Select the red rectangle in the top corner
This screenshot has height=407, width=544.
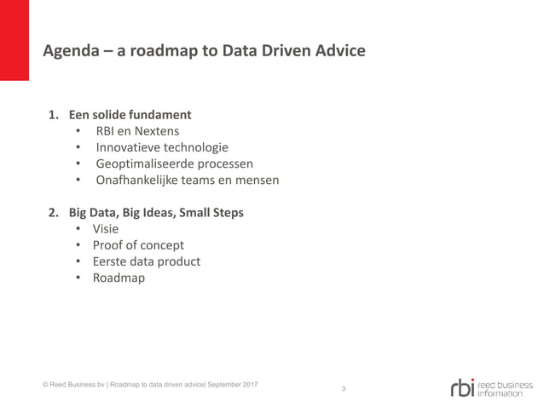click(14, 40)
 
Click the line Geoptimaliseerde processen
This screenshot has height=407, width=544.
click(174, 163)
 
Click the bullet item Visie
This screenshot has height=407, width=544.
click(106, 228)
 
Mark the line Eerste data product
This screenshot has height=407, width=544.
click(147, 261)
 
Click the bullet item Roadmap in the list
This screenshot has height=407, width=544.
click(119, 278)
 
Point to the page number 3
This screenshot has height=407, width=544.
click(343, 389)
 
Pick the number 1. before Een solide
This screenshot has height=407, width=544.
click(53, 114)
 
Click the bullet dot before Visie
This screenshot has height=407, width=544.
click(78, 228)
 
